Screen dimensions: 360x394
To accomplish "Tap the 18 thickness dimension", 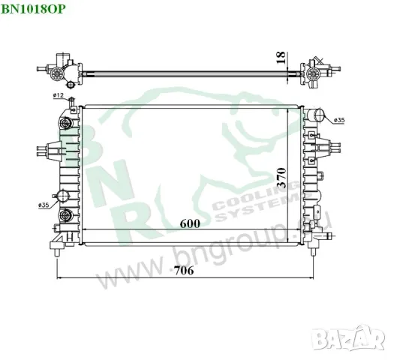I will [280, 58].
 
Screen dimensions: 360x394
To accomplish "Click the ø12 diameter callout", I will [57, 95].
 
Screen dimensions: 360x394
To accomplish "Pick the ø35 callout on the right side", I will [338, 120].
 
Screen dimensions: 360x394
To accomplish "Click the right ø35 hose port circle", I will [321, 115].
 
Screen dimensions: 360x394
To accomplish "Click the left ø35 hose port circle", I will [65, 197].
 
